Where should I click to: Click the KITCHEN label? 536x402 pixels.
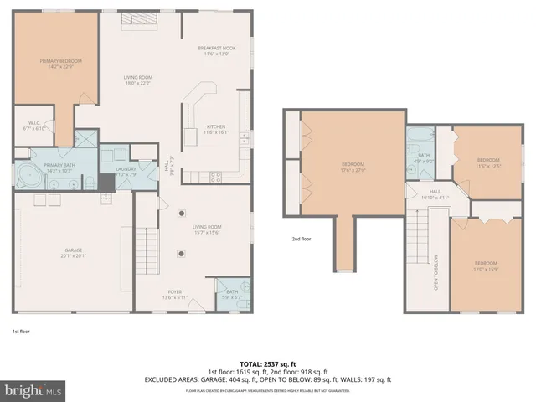point(216,127)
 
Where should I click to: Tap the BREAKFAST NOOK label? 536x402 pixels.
point(217,49)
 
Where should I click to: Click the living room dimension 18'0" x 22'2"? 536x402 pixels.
point(137,82)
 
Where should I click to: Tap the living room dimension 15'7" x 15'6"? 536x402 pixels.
point(206,232)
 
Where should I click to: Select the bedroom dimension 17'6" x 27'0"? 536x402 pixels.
point(353,168)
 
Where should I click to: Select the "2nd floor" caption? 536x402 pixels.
point(302,239)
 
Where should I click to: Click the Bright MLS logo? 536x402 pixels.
point(34,390)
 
